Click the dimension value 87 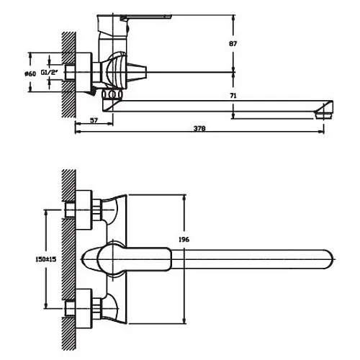pos(233,44)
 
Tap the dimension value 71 pos(233,96)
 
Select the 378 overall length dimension pos(199,128)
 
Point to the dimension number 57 pos(94,120)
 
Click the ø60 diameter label pos(30,73)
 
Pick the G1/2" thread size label pos(50,72)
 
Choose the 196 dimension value pos(184,239)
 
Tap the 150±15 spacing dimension pos(46,259)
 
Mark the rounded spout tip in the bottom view pos(329,259)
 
